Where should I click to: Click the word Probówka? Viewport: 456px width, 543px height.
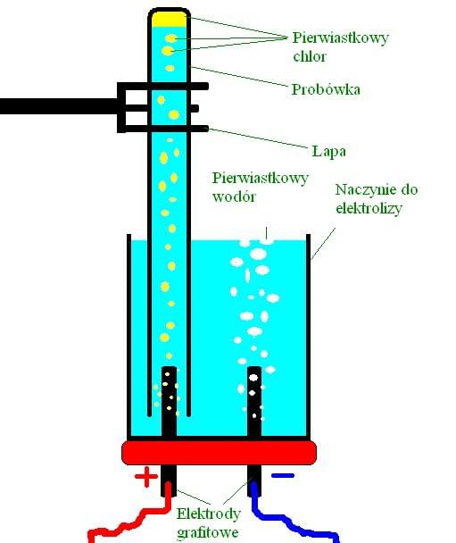pos(326,89)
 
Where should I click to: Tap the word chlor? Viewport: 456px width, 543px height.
pos(310,56)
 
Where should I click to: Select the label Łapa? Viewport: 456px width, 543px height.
pos(328,151)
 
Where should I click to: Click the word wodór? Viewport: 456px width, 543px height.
pos(234,196)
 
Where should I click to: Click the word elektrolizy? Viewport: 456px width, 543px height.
pos(369,208)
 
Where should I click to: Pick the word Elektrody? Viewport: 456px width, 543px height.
pos(208,514)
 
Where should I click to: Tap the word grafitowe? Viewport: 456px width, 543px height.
pos(208,532)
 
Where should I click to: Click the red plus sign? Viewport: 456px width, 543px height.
pos(146,477)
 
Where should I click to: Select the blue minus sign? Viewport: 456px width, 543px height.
pos(283,475)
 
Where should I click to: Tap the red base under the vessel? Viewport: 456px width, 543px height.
pos(220,452)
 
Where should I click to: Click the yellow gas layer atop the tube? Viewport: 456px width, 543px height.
pos(169,20)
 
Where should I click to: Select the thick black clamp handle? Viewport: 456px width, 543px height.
pos(59,106)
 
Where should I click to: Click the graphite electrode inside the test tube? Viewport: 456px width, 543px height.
pos(169,402)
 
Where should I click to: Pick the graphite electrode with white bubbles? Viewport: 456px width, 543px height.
pos(254,402)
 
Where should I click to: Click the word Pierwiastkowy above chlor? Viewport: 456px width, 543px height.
pos(341,38)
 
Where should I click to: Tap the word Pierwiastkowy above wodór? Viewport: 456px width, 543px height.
pos(261,179)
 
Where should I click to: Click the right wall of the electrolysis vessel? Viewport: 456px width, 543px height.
pos(308,336)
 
